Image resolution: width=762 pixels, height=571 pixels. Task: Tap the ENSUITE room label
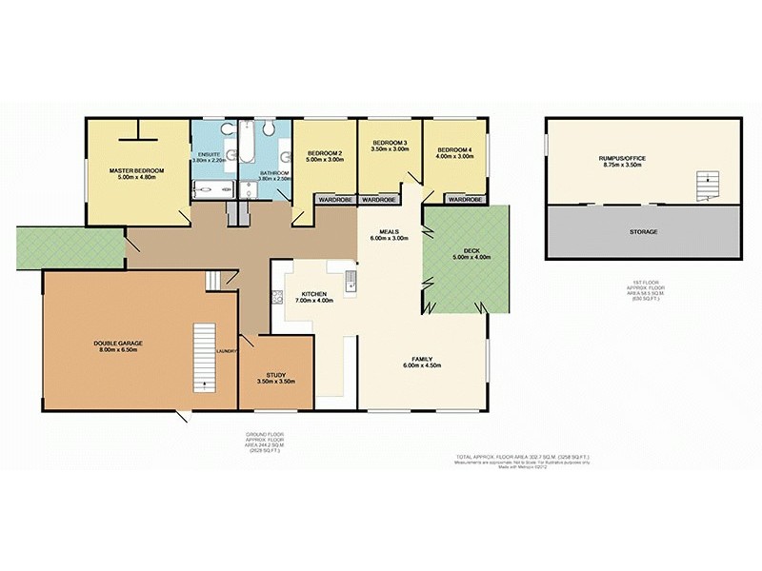point(209,154)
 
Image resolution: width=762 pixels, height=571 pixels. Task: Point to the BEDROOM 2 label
point(325,152)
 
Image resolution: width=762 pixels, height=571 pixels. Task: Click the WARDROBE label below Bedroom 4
point(464,200)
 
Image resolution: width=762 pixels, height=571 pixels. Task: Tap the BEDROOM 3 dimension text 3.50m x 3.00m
point(390,149)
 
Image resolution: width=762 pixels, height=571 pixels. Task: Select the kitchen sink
point(351,280)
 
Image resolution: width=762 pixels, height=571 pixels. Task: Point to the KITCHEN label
point(314,294)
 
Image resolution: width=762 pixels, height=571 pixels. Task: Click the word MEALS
point(389,230)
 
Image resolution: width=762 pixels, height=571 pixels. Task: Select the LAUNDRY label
point(226,351)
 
